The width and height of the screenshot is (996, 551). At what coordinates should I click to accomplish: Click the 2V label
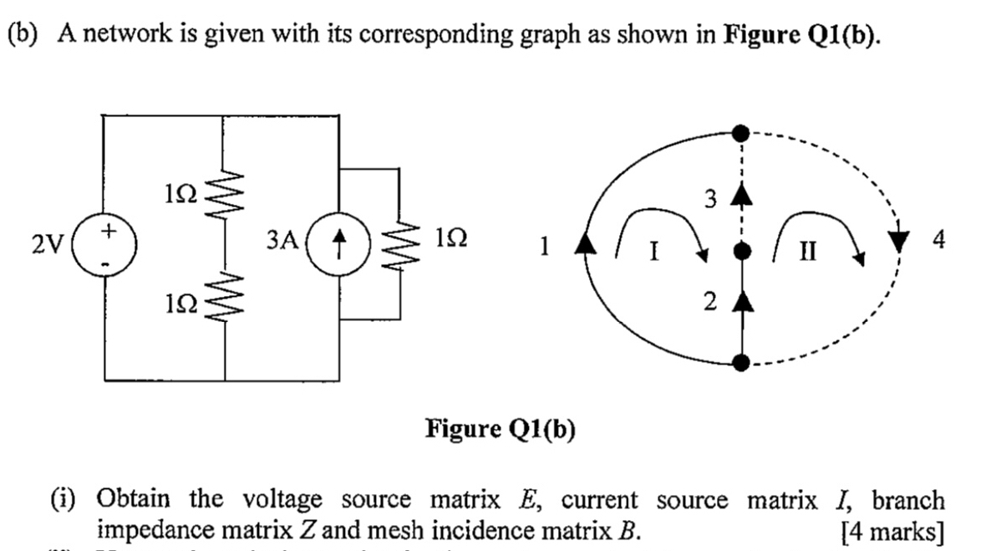tap(47, 243)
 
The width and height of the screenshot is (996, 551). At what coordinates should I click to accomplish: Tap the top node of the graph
tap(739, 132)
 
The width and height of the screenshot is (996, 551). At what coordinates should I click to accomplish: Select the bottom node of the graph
tap(739, 362)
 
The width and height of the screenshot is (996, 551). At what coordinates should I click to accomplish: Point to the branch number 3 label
tap(711, 199)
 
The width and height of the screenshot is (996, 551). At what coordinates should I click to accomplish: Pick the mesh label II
tap(810, 249)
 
